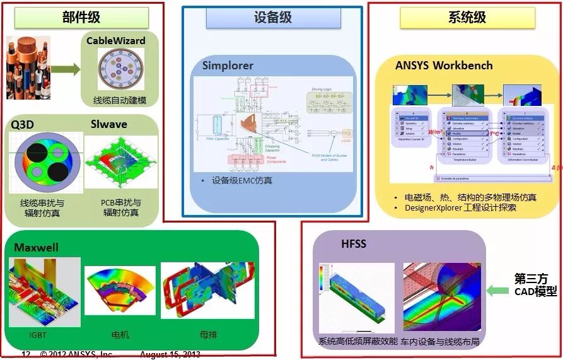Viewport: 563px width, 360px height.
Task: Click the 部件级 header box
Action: click(x=81, y=18)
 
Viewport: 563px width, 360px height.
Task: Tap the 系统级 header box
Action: click(x=467, y=18)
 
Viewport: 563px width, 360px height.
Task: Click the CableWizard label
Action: click(x=116, y=41)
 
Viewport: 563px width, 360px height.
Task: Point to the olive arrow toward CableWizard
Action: click(x=66, y=69)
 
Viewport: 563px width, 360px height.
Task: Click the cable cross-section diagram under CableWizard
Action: click(x=120, y=69)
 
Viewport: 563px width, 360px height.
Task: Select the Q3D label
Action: click(x=23, y=124)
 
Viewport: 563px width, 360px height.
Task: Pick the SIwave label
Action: click(x=109, y=124)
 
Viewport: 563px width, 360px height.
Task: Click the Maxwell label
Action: click(x=36, y=247)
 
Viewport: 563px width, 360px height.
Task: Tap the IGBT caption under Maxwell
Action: click(x=38, y=335)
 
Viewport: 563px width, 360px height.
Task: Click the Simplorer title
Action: click(x=228, y=66)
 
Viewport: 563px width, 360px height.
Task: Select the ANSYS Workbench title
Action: click(x=444, y=66)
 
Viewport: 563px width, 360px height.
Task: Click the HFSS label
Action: click(x=353, y=244)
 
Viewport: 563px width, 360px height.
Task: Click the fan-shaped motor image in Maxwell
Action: click(x=119, y=290)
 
